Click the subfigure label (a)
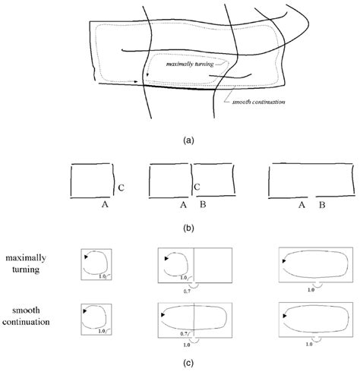(x=188, y=140)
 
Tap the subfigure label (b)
(x=188, y=228)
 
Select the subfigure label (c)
(x=188, y=363)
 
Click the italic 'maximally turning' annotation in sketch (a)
(x=190, y=64)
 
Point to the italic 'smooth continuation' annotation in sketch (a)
(x=258, y=102)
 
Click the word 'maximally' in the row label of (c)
(x=26, y=258)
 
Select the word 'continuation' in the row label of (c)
(x=26, y=322)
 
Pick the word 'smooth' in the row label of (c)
(x=26, y=310)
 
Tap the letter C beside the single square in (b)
(x=121, y=188)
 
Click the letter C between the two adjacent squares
(x=197, y=187)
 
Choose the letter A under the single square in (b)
(x=105, y=204)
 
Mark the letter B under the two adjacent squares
(x=203, y=204)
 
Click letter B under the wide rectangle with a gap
(x=322, y=205)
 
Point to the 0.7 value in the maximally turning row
(x=187, y=291)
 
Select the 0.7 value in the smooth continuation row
(x=184, y=334)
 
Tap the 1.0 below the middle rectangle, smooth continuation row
(x=187, y=345)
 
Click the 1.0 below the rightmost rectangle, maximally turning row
(x=311, y=290)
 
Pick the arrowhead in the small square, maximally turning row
(x=86, y=257)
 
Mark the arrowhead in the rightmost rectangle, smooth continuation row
(x=285, y=316)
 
